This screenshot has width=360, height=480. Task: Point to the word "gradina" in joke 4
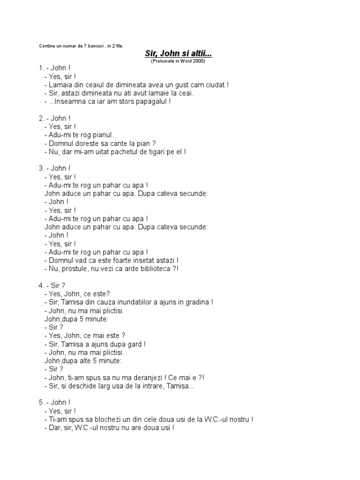196,302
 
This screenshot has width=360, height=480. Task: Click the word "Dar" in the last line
55,428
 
